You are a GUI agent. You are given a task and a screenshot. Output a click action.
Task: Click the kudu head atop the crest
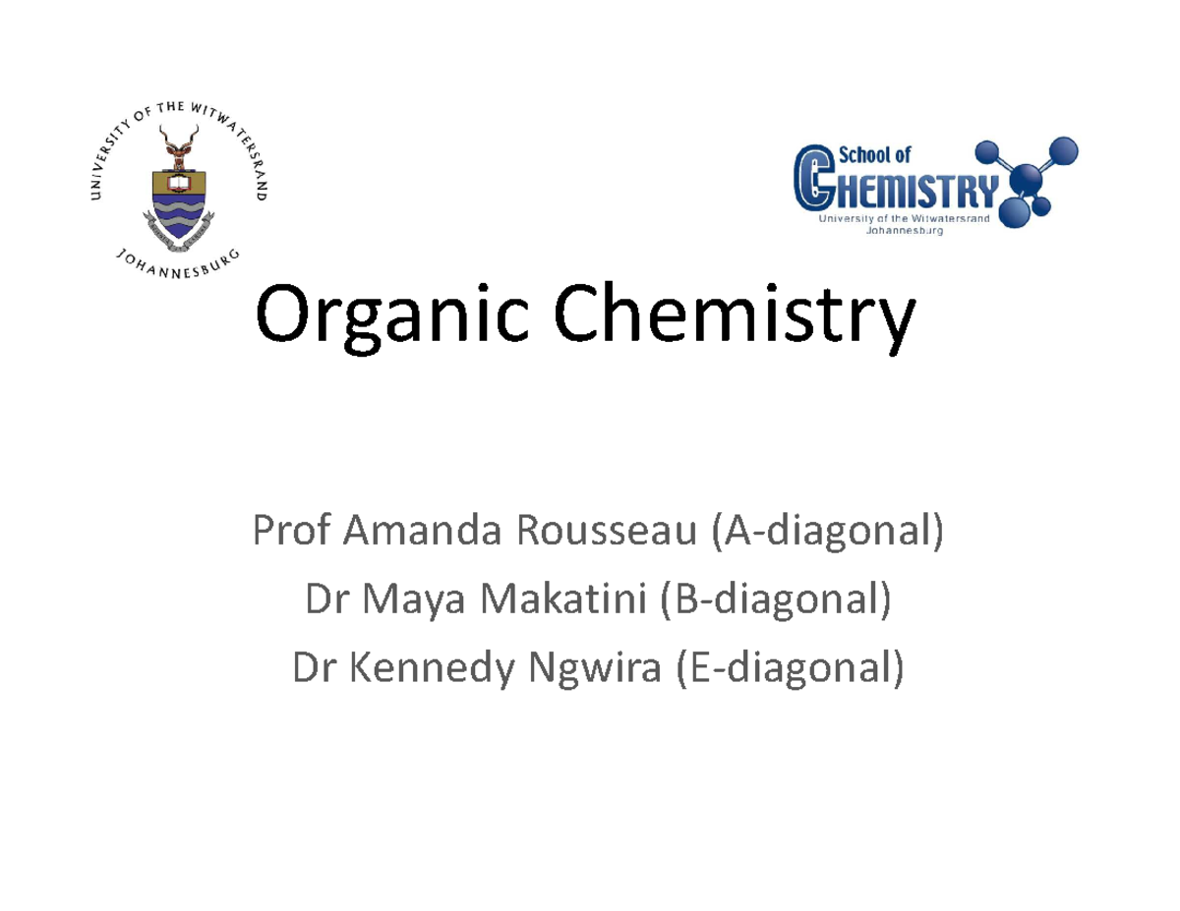pos(178,147)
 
